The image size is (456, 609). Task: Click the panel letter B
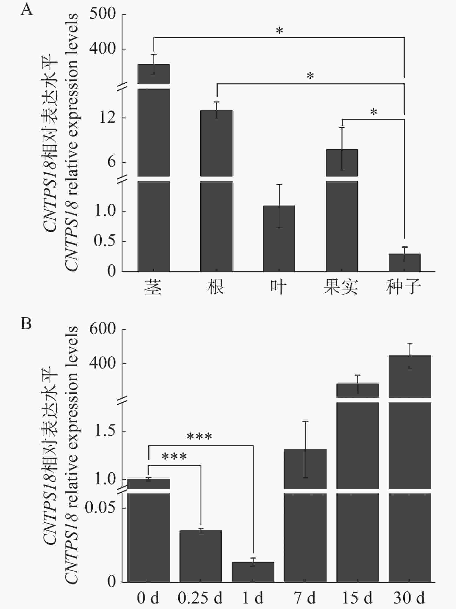pos(26,323)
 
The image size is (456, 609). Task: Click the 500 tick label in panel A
pos(102,14)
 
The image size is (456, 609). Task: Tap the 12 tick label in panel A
pos(107,118)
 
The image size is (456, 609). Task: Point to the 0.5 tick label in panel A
pos(105,241)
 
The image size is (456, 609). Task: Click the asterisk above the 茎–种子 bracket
pos(279,31)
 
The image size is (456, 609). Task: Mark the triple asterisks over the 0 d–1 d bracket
pos(199,436)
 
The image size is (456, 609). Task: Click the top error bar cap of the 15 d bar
pos(358,375)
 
